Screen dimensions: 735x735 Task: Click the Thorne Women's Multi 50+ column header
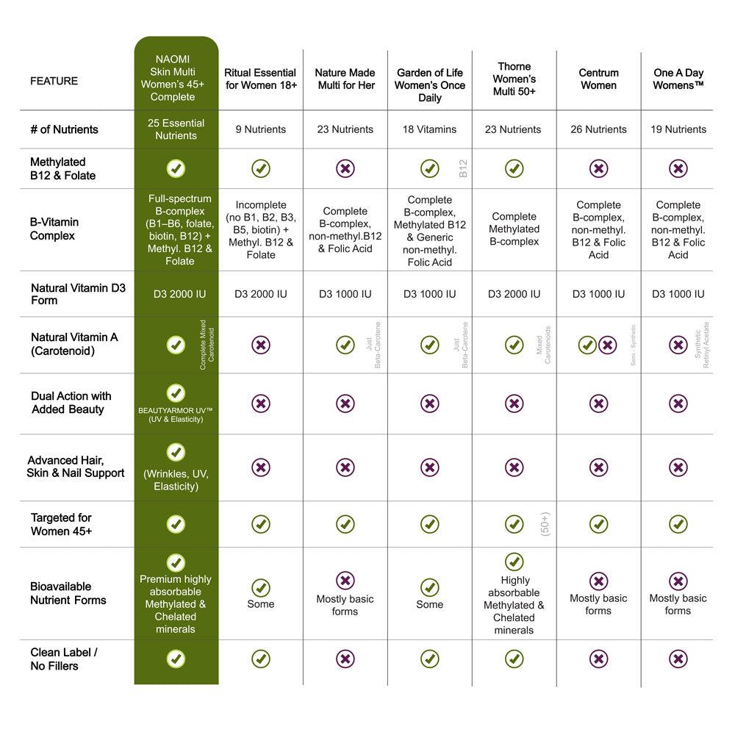(514, 79)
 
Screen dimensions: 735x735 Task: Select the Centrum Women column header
(598, 79)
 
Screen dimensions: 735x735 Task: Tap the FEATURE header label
(54, 81)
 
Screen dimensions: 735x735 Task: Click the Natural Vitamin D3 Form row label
(78, 294)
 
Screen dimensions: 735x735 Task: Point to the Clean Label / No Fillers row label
(64, 659)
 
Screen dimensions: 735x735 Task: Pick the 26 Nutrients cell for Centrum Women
(598, 129)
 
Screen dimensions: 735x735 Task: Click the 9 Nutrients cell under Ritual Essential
(260, 129)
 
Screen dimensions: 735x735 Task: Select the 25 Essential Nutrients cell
(176, 129)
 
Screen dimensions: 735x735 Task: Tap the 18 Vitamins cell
(429, 129)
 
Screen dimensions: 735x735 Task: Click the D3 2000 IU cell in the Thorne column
(514, 294)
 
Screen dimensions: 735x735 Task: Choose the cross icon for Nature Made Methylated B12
(345, 168)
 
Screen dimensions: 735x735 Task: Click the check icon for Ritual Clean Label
(260, 659)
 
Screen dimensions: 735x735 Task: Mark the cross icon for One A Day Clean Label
(678, 659)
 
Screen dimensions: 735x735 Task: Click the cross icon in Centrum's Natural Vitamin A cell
(608, 345)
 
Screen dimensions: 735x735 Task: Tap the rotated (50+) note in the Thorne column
(545, 524)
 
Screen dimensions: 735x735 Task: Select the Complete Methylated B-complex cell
(514, 229)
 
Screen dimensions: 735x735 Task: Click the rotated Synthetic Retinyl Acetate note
(702, 345)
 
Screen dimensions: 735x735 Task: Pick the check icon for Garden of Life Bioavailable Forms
(429, 588)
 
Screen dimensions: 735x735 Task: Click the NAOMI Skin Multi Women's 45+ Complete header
(176, 78)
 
